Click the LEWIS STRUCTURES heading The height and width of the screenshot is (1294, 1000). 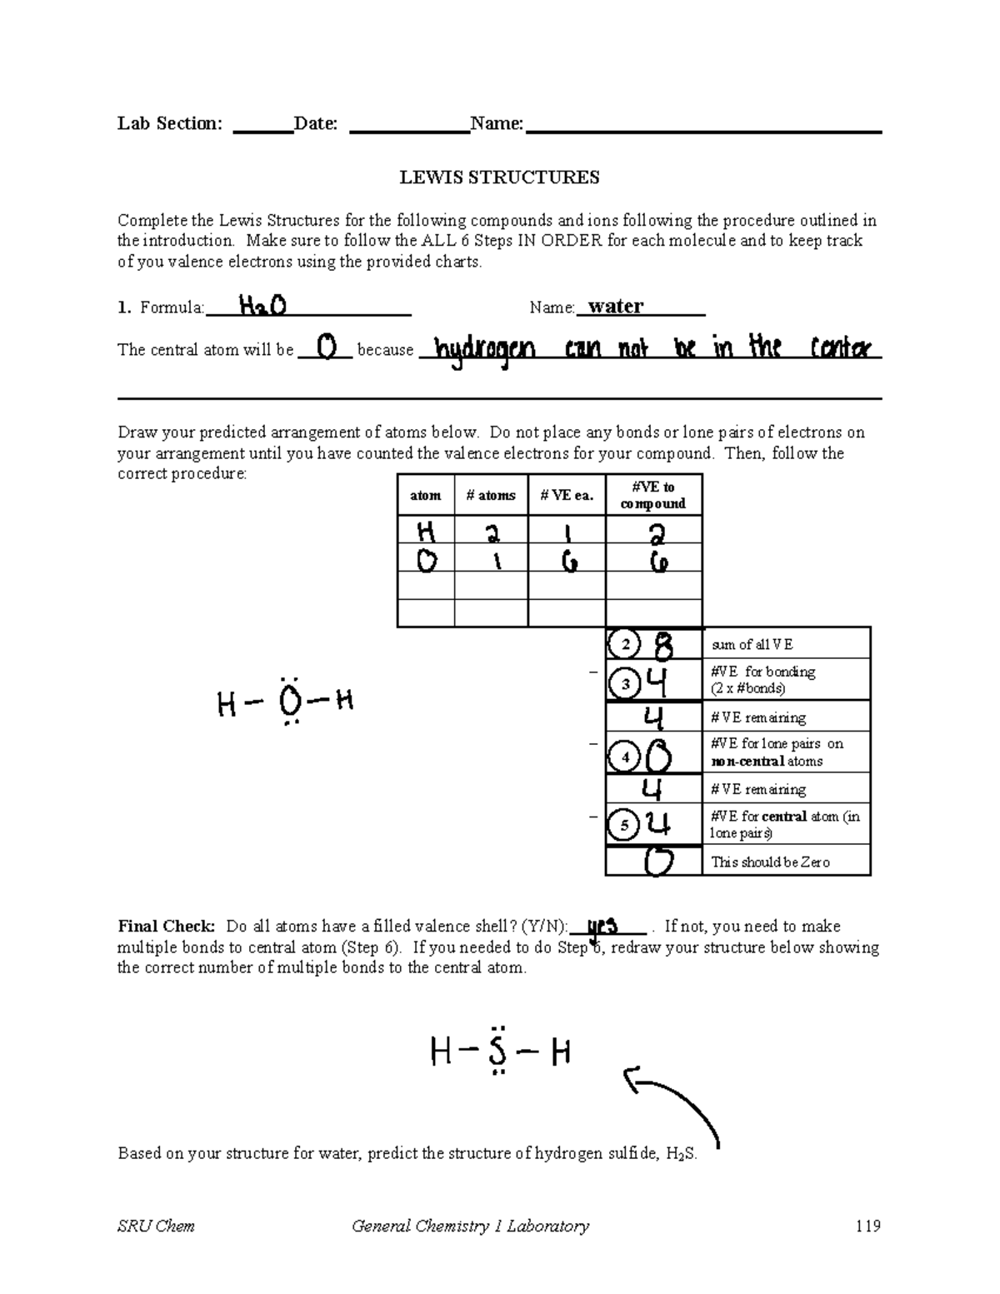pos(499,177)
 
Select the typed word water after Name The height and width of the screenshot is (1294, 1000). pos(616,307)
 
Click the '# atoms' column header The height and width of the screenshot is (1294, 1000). pos(491,496)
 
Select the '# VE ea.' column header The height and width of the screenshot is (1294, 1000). pos(567,496)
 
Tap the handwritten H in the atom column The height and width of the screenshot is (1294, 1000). pos(427,530)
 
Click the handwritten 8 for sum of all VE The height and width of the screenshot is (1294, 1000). pos(666,644)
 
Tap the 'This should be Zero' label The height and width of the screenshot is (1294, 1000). pos(770,862)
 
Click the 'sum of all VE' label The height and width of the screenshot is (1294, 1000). pos(752,645)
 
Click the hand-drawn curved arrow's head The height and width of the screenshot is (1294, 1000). pos(632,1080)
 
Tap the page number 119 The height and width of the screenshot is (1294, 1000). pos(867,1226)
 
